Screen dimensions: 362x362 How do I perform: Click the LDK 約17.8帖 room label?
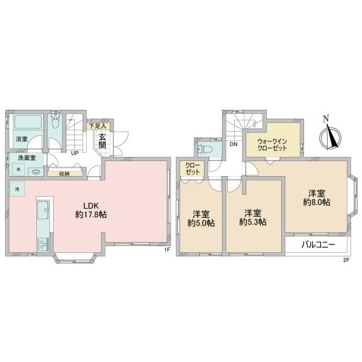pos(91,210)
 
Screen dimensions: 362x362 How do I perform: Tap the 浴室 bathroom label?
pos(22,139)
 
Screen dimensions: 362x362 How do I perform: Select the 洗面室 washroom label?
pos(27,158)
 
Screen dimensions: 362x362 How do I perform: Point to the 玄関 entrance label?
pos(103,141)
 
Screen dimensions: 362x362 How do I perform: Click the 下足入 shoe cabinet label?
pos(98,126)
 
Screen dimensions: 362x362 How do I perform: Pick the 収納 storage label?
pos(65,174)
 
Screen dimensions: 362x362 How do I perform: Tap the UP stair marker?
pos(75,153)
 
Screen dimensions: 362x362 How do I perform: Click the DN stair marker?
pos(233,144)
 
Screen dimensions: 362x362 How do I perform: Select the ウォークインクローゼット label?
pos(272,145)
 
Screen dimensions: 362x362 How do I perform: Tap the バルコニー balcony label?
pos(318,244)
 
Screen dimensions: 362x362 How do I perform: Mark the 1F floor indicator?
pos(167,249)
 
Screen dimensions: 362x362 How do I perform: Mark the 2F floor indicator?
pos(346,260)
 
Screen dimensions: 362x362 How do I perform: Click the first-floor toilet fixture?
pos(55,121)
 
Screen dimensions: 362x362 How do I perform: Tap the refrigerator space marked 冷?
pos(17,189)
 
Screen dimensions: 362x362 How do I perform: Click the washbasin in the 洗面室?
pos(36,172)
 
